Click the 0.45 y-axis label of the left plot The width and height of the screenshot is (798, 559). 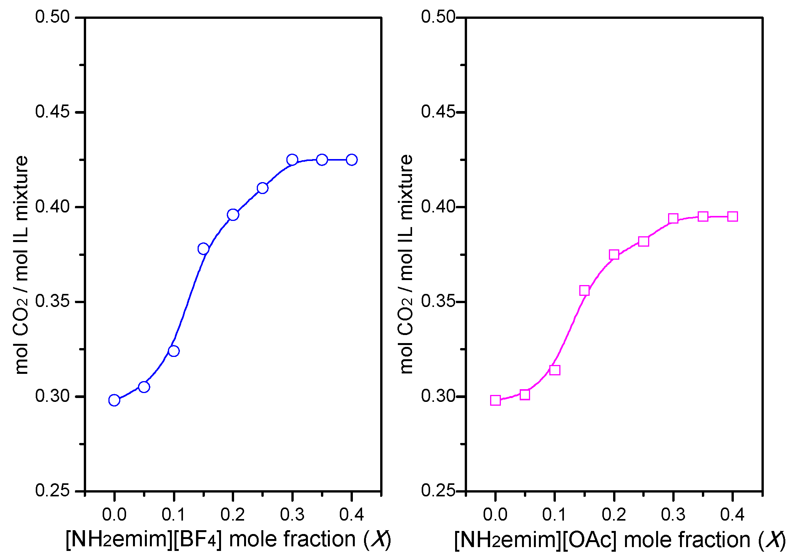click(52, 111)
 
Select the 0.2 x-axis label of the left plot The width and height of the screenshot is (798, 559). click(233, 514)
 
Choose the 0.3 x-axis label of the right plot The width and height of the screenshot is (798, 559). click(673, 514)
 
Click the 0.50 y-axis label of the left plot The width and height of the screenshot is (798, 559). click(52, 17)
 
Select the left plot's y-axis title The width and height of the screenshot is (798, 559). click(22, 265)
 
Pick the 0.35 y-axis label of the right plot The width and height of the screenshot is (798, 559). click(438, 301)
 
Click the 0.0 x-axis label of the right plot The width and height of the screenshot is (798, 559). click(495, 514)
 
